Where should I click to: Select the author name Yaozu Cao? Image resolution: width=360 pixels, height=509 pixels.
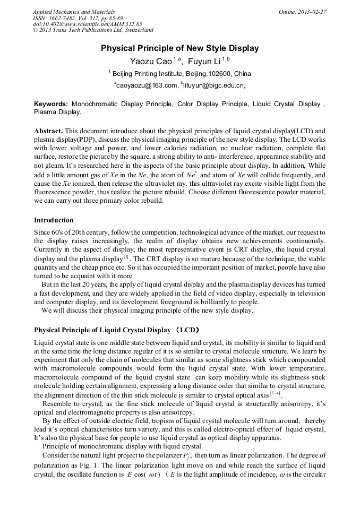click(x=151, y=62)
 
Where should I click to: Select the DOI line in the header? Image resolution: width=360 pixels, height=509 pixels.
click(x=88, y=24)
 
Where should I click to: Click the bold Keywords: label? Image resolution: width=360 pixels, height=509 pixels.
click(x=51, y=105)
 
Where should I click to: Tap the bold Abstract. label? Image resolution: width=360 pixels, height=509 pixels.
click(x=48, y=131)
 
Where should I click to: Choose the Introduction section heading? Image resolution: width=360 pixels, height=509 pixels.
click(x=54, y=220)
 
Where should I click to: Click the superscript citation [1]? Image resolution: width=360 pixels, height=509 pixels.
click(x=126, y=256)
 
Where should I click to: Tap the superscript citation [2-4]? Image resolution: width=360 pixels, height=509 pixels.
click(x=275, y=393)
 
